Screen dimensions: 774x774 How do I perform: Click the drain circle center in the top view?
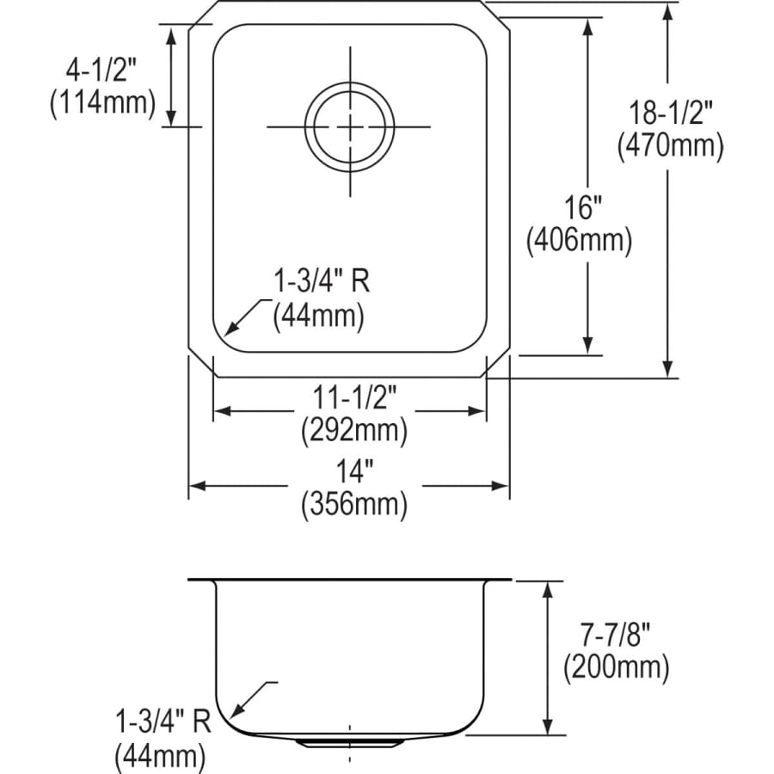(350, 126)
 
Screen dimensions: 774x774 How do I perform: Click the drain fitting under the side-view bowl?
(349, 740)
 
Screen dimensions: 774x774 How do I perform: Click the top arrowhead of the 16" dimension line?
(588, 26)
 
